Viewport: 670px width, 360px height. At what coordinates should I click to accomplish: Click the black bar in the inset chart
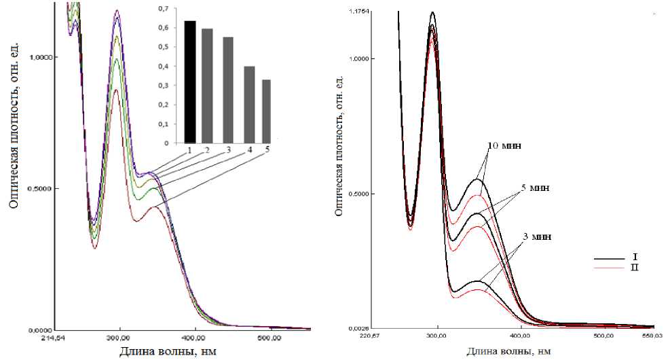(190, 82)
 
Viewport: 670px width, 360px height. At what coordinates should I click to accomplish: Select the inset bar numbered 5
(266, 111)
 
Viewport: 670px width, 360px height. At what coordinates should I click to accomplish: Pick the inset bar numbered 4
(248, 105)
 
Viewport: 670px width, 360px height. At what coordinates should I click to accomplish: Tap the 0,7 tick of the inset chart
(162, 9)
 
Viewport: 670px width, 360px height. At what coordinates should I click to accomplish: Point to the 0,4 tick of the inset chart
(162, 67)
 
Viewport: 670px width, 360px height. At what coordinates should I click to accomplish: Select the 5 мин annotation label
(534, 187)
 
